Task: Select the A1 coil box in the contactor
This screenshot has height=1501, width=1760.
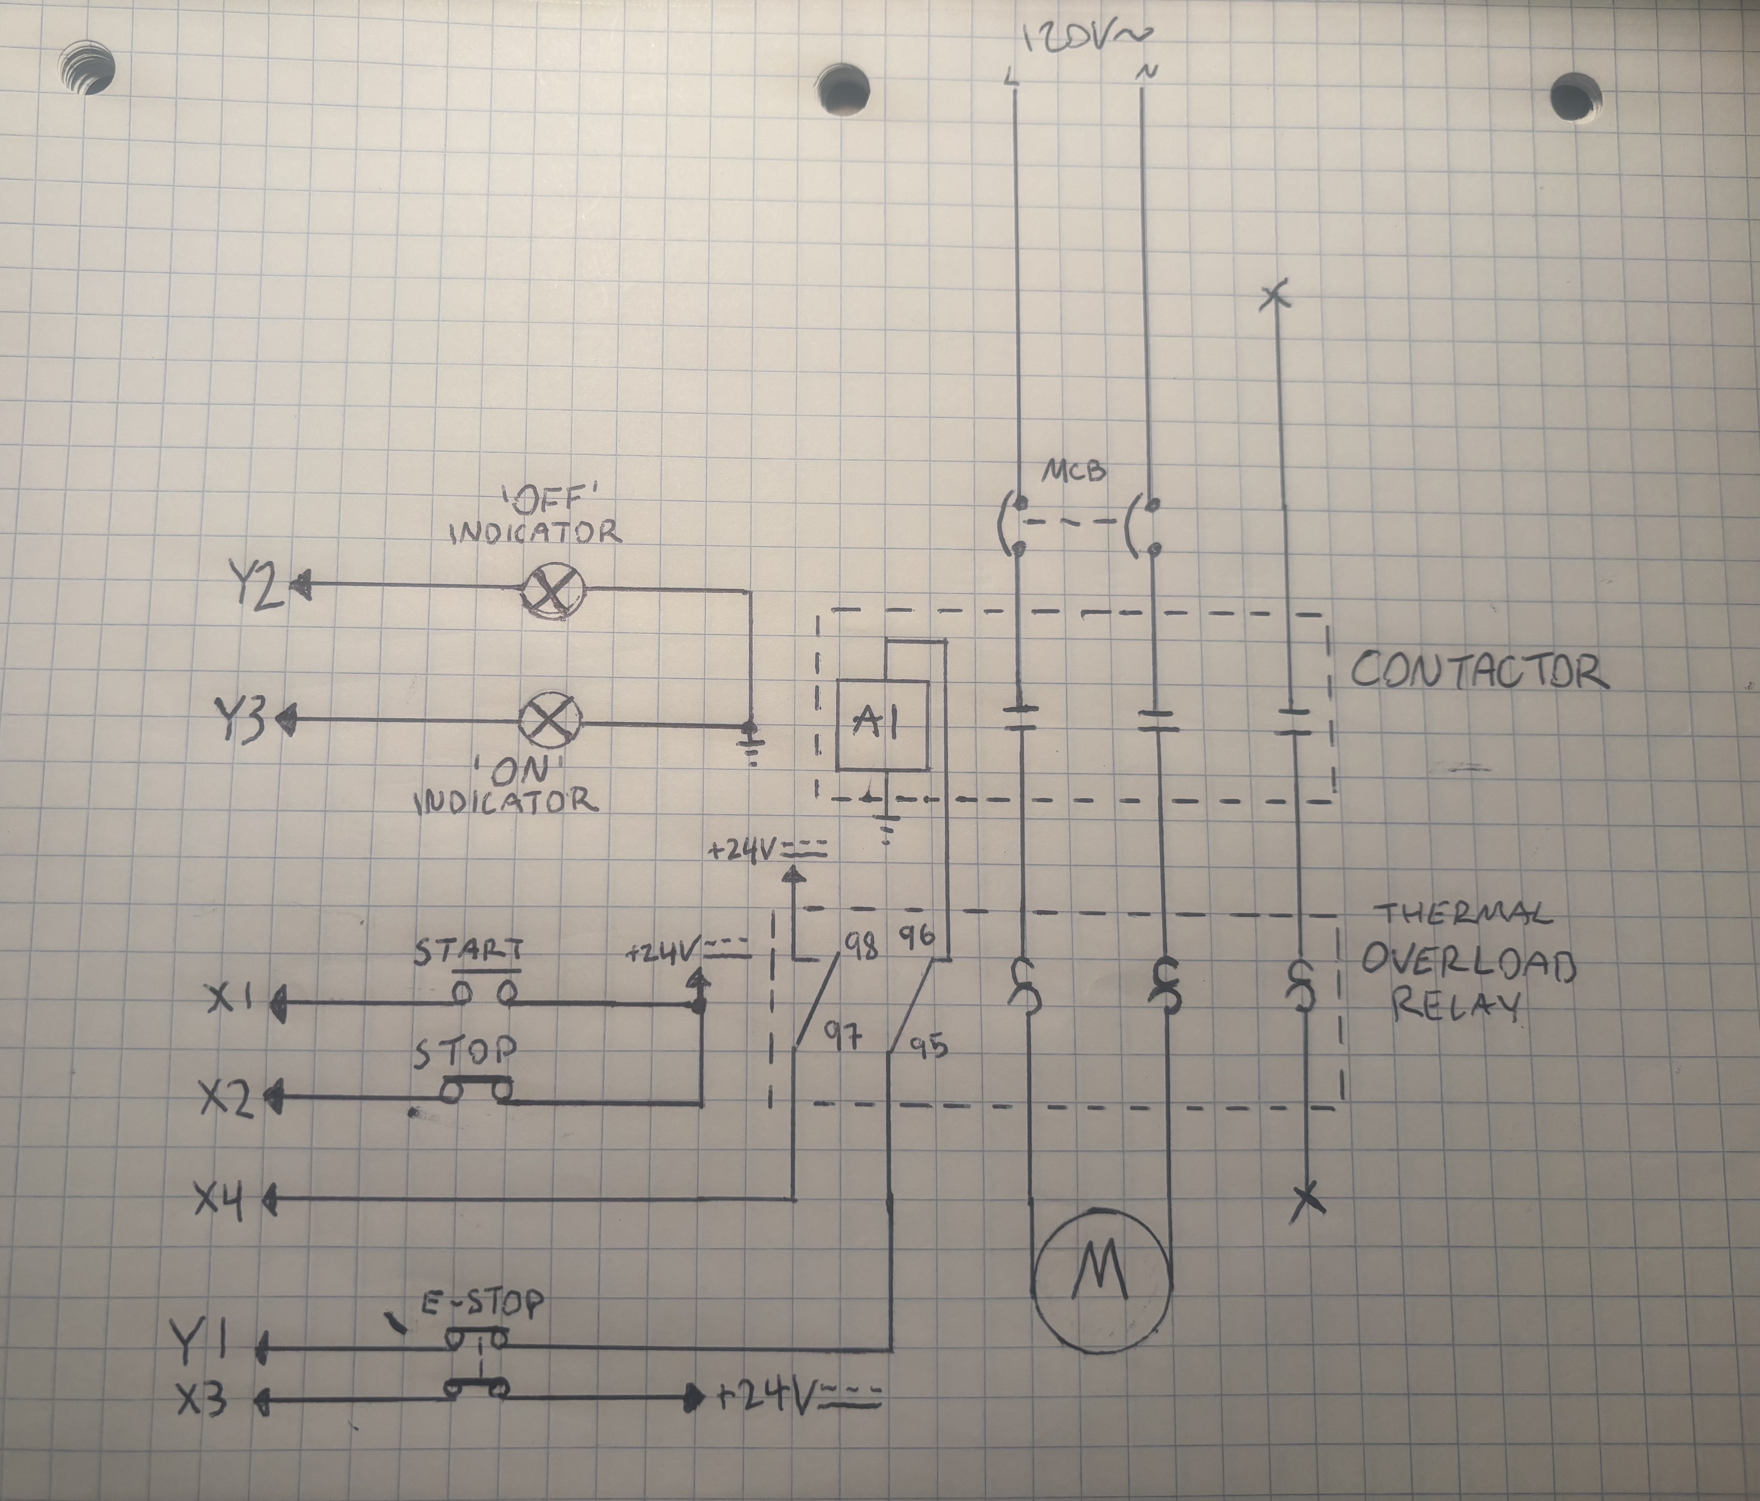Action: tap(882, 725)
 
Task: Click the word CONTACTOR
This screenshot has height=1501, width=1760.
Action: tap(1478, 671)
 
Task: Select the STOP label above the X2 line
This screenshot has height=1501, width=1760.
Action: tap(465, 1053)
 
